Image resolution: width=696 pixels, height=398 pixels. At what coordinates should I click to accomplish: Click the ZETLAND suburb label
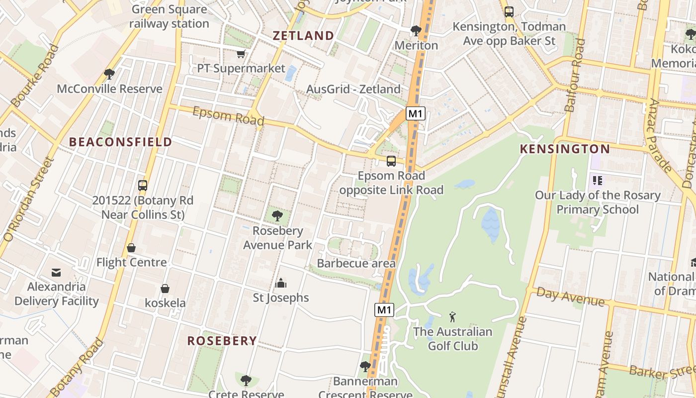coord(303,35)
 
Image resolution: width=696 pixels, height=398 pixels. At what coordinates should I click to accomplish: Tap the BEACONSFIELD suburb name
coord(120,142)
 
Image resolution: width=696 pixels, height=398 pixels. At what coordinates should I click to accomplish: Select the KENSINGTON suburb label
coord(565,149)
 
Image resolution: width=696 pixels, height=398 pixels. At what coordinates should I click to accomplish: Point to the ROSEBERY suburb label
coord(222,341)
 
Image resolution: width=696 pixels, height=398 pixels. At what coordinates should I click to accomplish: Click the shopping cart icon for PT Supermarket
coord(241,54)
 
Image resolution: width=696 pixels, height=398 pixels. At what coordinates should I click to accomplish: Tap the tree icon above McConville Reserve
coord(109,74)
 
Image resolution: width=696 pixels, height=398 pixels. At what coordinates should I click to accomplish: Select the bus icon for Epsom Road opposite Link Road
coord(391,161)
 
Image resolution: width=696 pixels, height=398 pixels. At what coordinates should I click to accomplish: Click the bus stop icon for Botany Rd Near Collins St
coord(143,186)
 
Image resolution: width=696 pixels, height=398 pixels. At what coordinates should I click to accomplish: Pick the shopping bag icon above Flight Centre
coord(131,248)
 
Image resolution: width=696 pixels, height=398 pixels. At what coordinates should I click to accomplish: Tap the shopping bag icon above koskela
coord(165,289)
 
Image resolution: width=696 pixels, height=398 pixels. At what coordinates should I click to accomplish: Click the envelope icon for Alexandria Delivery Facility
coord(56,273)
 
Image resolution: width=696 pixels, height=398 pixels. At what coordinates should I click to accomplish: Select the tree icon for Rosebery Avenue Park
coord(277,216)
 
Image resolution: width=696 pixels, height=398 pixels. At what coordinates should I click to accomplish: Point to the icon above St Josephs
coord(281,284)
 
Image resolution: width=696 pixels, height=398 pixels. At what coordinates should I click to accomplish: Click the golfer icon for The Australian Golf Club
coord(452,317)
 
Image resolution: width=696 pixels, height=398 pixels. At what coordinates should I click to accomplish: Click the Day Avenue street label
coord(571,297)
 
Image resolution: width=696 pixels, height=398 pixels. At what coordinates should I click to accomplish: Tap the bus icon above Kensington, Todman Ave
coord(509,12)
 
